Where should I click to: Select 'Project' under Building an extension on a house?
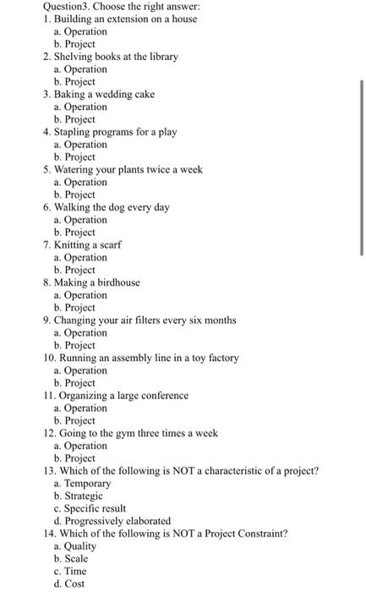pos(80,44)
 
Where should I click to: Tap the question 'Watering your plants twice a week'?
pos(128,169)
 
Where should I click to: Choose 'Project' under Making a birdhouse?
pos(80,308)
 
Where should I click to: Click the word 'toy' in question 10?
pos(179,358)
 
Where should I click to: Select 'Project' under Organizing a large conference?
pos(80,420)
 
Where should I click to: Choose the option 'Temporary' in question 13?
pos(88,483)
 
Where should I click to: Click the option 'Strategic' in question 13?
pos(84,496)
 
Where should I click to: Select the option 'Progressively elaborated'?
pos(117,521)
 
